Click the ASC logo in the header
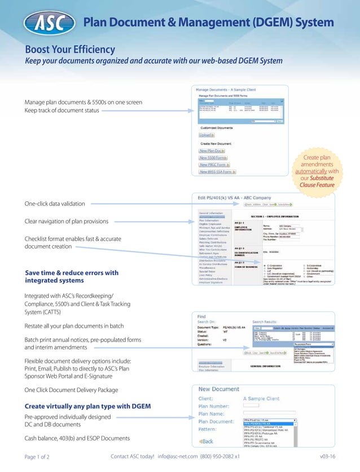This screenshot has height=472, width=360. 47,23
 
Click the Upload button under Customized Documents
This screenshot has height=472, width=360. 206,135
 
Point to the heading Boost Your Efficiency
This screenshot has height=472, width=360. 69,50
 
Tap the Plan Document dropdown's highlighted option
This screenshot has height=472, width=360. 268,424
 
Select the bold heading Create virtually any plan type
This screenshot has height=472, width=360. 87,406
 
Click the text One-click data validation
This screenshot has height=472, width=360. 55,203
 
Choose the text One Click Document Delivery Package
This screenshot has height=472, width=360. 71,390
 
